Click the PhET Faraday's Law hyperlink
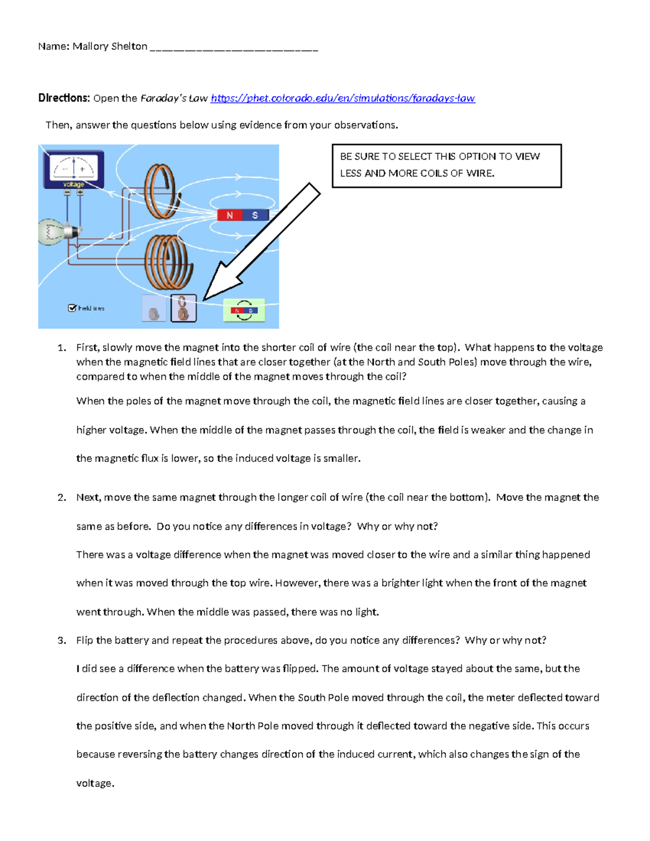(x=343, y=99)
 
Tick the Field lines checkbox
(x=71, y=308)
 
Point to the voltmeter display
(x=74, y=169)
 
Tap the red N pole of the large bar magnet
(x=230, y=215)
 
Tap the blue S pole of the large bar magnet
(x=256, y=215)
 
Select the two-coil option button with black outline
(x=184, y=308)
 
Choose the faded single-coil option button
(x=154, y=308)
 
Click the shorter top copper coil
(x=160, y=191)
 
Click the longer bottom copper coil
(x=169, y=263)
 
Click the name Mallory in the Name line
(x=90, y=47)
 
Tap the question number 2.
(x=62, y=497)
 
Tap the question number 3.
(x=62, y=641)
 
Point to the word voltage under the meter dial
(x=74, y=184)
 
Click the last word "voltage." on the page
(x=95, y=784)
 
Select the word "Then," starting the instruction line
(x=59, y=126)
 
